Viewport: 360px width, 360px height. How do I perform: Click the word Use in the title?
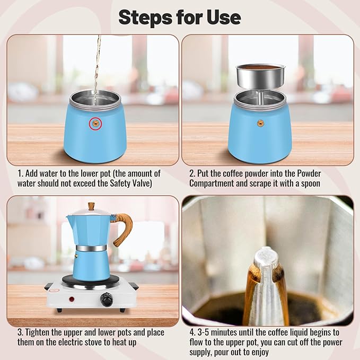(x=224, y=17)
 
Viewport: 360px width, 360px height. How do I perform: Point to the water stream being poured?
(x=97, y=64)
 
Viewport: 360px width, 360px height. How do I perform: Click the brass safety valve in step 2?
(x=260, y=123)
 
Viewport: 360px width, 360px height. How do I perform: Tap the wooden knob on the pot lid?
(x=91, y=206)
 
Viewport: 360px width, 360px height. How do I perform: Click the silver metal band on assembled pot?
(x=91, y=248)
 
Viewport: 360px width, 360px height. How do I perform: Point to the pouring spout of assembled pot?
(x=69, y=217)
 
